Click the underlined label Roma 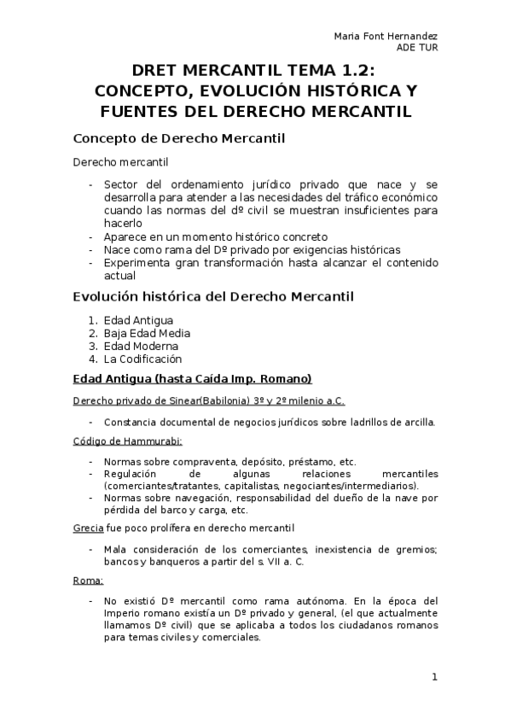pos(87,581)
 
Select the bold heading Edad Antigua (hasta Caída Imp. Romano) pos(192,378)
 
